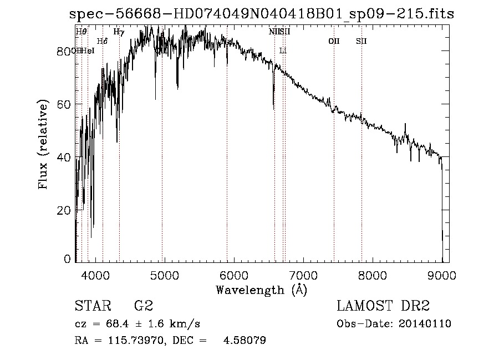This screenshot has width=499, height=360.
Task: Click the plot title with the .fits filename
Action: pyautogui.click(x=262, y=14)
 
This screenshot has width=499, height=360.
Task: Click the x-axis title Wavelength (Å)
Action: pyautogui.click(x=261, y=290)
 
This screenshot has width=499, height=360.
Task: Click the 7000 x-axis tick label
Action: pyautogui.click(x=303, y=275)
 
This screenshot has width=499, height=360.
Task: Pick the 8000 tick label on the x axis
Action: pyautogui.click(x=373, y=275)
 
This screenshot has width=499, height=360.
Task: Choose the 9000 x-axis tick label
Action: pyautogui.click(x=442, y=275)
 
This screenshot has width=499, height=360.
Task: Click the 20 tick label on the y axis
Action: pyautogui.click(x=65, y=210)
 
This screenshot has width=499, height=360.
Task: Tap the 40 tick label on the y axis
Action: pyautogui.click(x=65, y=158)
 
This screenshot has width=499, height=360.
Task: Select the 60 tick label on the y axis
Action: pyautogui.click(x=65, y=104)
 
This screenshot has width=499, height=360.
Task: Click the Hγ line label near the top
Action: pyautogui.click(x=119, y=32)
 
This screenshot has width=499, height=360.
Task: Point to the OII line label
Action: pyautogui.click(x=334, y=41)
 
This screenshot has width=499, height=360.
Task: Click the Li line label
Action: pyautogui.click(x=283, y=50)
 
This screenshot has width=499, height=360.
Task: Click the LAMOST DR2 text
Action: pyautogui.click(x=383, y=306)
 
